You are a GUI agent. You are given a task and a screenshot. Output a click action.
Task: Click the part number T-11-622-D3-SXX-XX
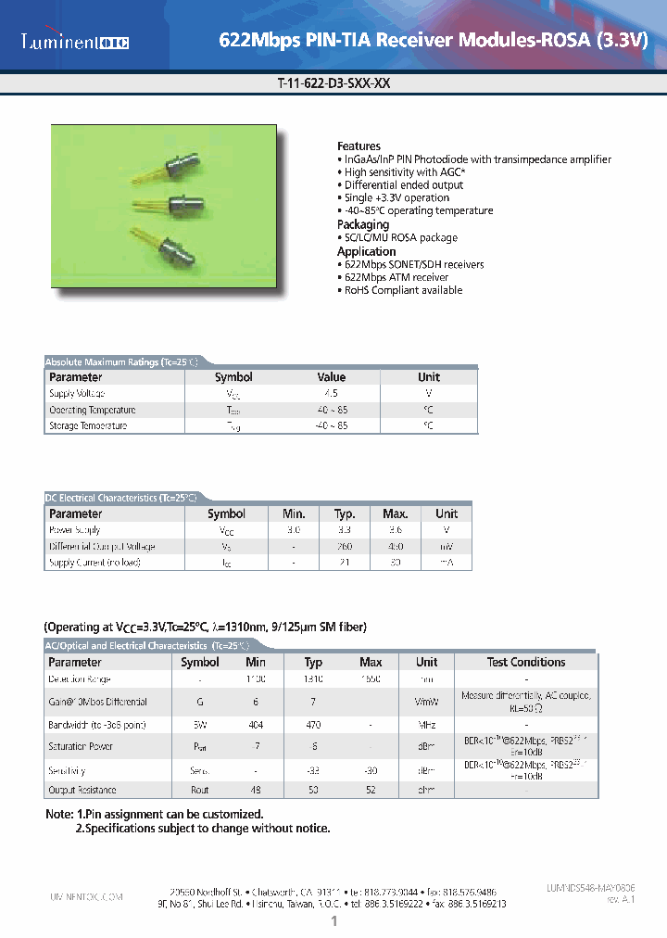click(333, 82)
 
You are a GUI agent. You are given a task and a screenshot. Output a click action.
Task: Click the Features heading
click(359, 146)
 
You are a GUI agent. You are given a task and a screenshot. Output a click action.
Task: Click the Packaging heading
click(363, 224)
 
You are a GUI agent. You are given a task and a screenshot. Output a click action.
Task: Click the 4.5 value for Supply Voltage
click(331, 393)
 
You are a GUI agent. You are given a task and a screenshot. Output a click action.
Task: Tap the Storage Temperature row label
click(88, 425)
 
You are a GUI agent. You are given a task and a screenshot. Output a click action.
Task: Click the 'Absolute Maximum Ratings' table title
click(121, 361)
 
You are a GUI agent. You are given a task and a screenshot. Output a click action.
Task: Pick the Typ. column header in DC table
click(345, 513)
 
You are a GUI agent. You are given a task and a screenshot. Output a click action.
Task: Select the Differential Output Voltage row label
click(102, 546)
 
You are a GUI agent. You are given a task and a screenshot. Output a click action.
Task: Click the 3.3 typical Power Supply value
click(345, 530)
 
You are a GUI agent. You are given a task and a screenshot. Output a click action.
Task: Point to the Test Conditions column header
click(525, 662)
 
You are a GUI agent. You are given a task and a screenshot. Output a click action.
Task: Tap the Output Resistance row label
click(82, 790)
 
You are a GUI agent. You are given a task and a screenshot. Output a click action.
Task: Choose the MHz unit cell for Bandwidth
click(426, 724)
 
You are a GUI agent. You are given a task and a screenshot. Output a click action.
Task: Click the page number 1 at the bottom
click(333, 921)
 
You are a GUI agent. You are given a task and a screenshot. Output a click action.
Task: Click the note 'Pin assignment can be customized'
click(176, 814)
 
